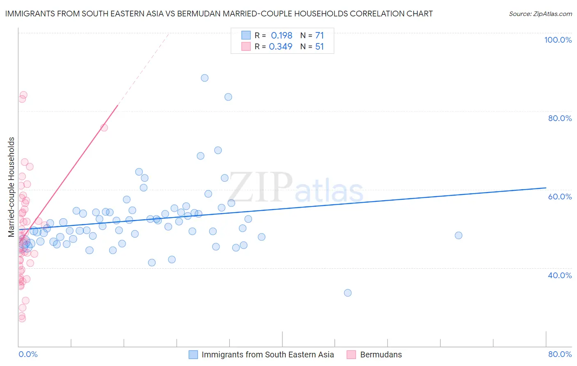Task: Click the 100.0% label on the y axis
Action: (x=558, y=40)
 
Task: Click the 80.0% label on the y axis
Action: (x=560, y=118)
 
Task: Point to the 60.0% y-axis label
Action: (x=560, y=197)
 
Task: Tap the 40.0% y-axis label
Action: (x=560, y=275)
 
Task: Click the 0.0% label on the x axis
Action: (x=28, y=354)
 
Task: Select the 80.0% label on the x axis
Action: (x=560, y=354)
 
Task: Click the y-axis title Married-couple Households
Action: (x=11, y=187)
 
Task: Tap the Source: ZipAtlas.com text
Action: (x=540, y=14)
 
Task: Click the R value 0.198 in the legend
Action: (x=282, y=36)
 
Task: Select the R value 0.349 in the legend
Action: (x=281, y=47)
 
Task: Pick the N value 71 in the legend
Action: (x=320, y=36)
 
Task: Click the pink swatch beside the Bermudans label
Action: (x=351, y=355)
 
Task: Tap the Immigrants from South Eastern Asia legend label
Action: (x=268, y=355)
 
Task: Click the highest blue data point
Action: (x=204, y=78)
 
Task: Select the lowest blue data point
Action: (x=348, y=293)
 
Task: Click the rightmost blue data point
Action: (x=458, y=236)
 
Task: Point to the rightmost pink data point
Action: (x=104, y=128)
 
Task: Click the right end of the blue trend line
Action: (x=546, y=188)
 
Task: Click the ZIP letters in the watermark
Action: (x=261, y=188)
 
